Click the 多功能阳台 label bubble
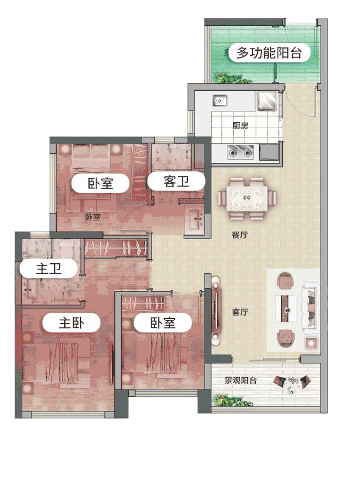(x=270, y=54)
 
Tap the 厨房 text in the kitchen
(x=241, y=126)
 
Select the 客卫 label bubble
(x=175, y=181)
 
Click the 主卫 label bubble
(x=48, y=269)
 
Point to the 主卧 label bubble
(x=72, y=323)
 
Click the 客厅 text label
(x=240, y=312)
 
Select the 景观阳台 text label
(x=241, y=380)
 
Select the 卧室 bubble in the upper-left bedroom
(x=101, y=183)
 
